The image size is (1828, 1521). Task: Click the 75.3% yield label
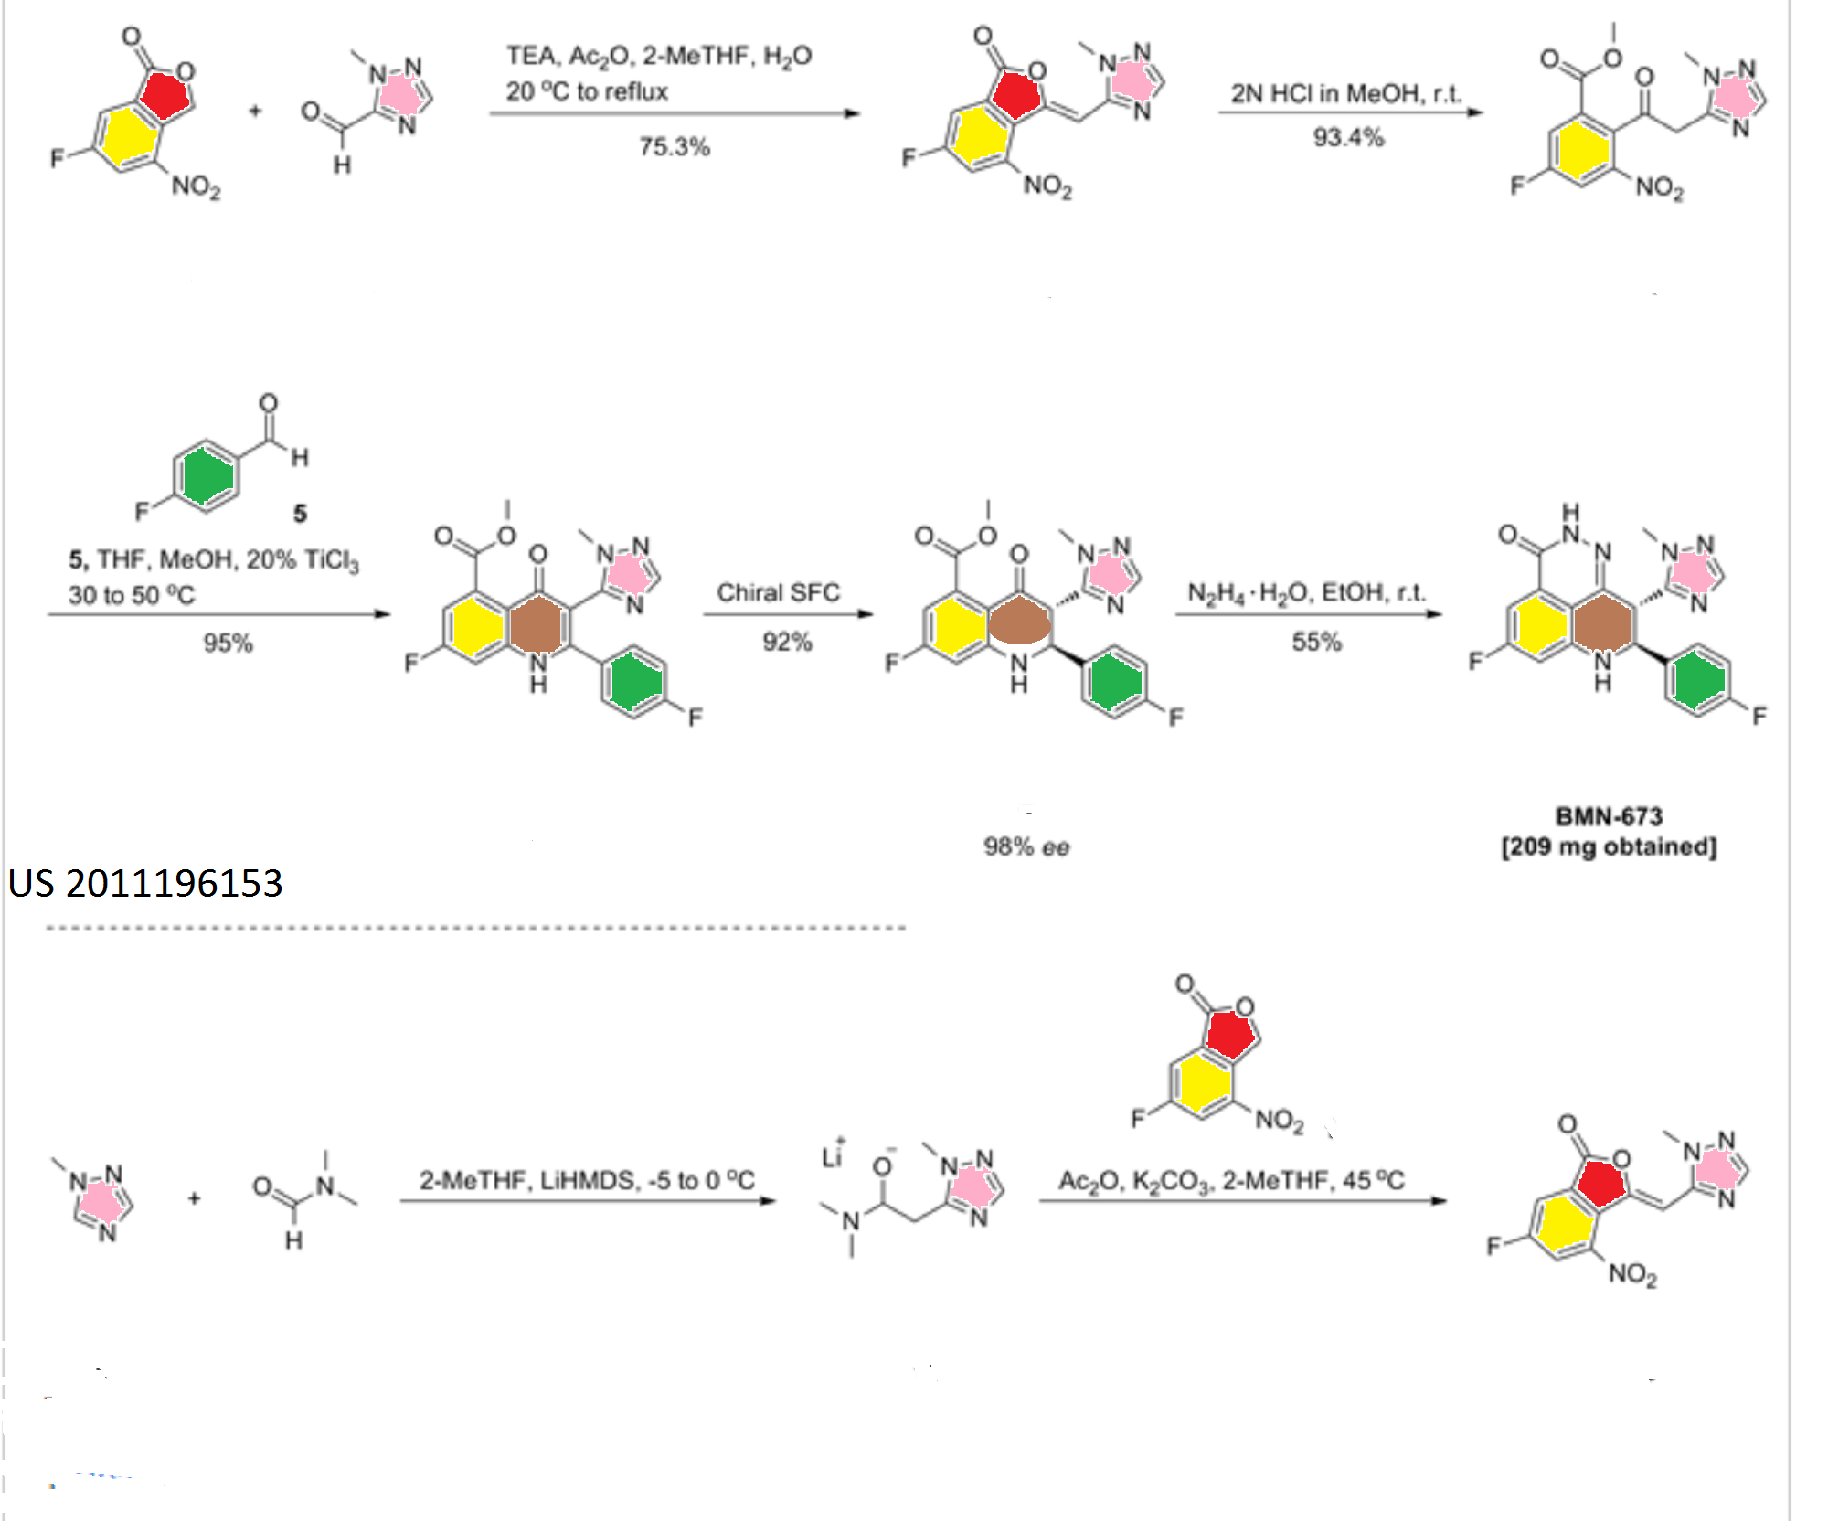coord(675,147)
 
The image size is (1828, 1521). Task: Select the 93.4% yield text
coord(1348,138)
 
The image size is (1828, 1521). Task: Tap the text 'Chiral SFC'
coord(778,592)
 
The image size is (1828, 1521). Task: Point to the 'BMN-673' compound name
coord(1609,816)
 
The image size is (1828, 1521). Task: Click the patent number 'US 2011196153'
coord(145,883)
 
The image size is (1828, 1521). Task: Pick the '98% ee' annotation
coord(1026,847)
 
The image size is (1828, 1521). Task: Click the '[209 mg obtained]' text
coord(1609,847)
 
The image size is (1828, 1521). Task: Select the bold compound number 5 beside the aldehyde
coord(300,514)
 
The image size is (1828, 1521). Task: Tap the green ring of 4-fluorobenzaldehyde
coord(207,474)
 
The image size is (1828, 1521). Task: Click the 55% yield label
coord(1316,642)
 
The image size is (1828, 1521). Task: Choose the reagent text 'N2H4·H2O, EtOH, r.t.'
coord(1306,592)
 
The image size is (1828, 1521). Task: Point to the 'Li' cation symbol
coord(832,1156)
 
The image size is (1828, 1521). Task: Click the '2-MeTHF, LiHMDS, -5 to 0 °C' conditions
coord(587,1180)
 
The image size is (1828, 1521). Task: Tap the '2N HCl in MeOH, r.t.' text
coord(1345,93)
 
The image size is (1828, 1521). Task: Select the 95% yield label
coord(228,643)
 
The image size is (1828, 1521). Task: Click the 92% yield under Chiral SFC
coord(787,642)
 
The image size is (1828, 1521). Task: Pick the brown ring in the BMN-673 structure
coord(1603,623)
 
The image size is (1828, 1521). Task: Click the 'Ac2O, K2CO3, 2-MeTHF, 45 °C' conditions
coord(1231,1180)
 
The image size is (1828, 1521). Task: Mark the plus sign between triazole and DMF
coord(195,1197)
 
